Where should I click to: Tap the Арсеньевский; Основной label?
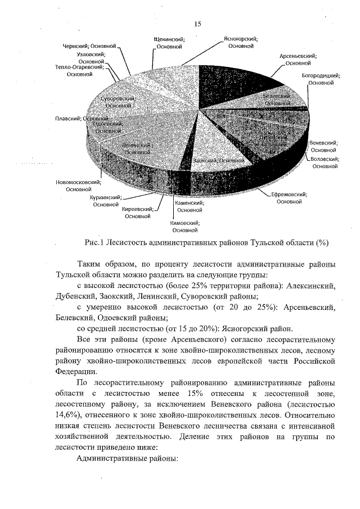pyautogui.click(x=298, y=60)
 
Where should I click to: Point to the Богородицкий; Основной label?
pyautogui.click(x=320, y=78)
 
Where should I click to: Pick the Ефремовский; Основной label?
pyautogui.click(x=289, y=197)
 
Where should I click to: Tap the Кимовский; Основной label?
pyautogui.click(x=184, y=226)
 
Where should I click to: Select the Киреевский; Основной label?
pyautogui.click(x=138, y=212)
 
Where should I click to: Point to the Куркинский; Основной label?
pyautogui.click(x=106, y=201)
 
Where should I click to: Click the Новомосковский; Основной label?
pyautogui.click(x=78, y=186)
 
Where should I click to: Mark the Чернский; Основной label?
pyautogui.click(x=89, y=45)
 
